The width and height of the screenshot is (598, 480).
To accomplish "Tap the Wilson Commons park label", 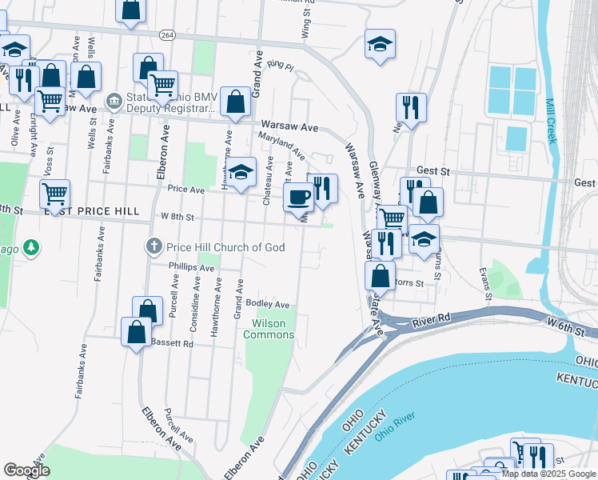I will tap(273, 329).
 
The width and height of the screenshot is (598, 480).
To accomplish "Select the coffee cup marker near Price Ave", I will tap(299, 197).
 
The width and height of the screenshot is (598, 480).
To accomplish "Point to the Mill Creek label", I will tap(550, 121).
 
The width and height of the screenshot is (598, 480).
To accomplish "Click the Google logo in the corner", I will tap(26, 470).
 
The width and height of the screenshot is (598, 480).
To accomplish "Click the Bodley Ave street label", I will tap(267, 304).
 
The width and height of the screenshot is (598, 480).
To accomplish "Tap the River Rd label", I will tap(433, 323).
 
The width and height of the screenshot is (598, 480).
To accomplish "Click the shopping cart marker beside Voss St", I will tap(54, 193).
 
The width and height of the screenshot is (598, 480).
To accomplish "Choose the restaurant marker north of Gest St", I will tap(411, 107).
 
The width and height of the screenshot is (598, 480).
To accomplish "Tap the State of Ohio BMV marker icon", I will tap(114, 102).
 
